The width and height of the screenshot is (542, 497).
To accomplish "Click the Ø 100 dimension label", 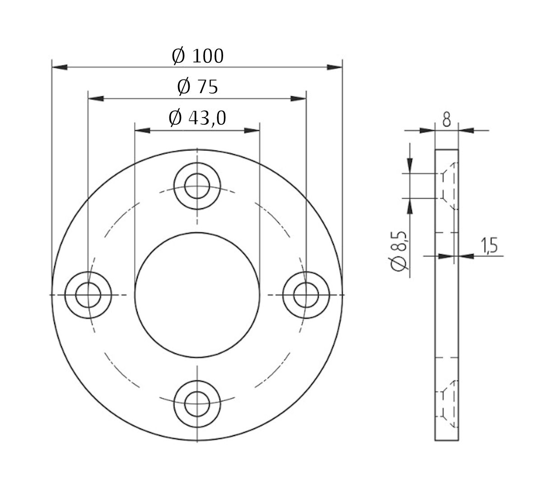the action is click(x=197, y=56).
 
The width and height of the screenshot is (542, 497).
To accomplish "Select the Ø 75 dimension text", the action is click(x=197, y=87).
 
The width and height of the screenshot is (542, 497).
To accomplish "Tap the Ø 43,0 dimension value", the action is click(x=197, y=118).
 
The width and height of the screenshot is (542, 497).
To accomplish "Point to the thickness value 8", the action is click(x=447, y=119).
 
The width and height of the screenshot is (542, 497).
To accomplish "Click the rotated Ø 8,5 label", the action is click(x=399, y=251).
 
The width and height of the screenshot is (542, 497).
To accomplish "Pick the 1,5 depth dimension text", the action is click(x=489, y=245).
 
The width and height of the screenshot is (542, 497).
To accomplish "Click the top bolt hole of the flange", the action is click(x=197, y=186).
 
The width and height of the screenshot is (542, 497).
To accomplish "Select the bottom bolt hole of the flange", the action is click(x=197, y=404).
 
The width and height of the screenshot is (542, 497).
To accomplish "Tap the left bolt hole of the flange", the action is click(x=88, y=295).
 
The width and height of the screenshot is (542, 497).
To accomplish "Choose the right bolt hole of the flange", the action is click(x=306, y=295).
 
